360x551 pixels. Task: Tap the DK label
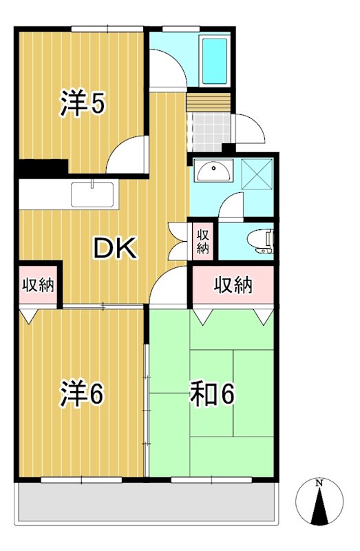tap(115, 249)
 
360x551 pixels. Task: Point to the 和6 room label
tap(213, 395)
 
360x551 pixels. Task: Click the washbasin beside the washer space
tap(213, 171)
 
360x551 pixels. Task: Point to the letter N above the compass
tap(319, 483)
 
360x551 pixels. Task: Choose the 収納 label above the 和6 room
tap(232, 284)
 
